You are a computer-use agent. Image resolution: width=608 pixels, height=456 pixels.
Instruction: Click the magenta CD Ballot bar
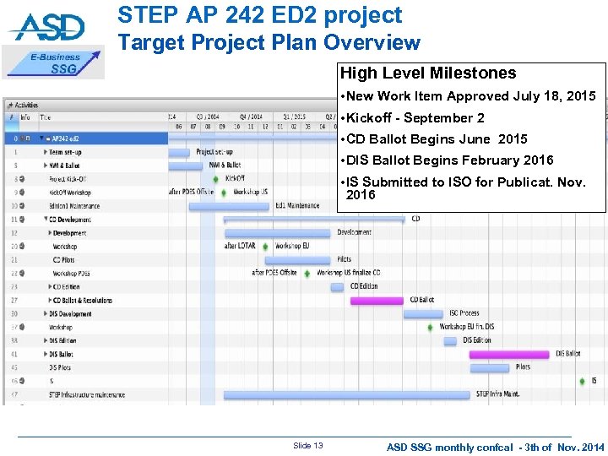click(377, 300)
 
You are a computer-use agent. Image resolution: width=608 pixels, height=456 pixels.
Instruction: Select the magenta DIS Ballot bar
click(508, 354)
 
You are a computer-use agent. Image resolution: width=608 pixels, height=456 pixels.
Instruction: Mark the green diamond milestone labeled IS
click(582, 381)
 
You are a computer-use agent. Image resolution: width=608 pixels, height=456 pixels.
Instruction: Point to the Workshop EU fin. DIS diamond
click(431, 327)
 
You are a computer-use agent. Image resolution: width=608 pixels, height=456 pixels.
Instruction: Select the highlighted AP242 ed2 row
click(84, 138)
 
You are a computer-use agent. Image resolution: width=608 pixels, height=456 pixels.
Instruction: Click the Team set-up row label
click(68, 152)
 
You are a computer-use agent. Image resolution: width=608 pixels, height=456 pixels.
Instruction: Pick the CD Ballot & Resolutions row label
click(82, 300)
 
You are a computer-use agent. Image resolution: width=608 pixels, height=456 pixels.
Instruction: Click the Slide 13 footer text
click(307, 446)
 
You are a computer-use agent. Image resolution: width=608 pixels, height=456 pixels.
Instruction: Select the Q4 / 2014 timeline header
click(251, 117)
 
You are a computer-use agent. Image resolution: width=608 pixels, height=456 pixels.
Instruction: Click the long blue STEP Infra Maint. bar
click(346, 394)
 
